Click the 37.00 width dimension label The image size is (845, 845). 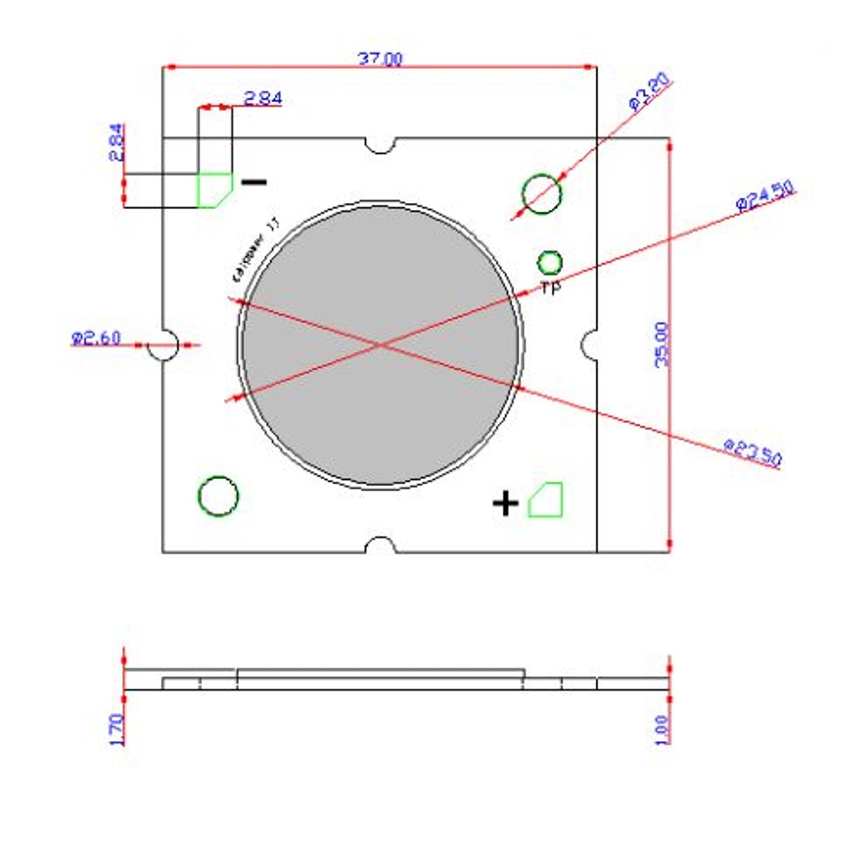click(380, 59)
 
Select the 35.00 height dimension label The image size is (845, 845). click(661, 344)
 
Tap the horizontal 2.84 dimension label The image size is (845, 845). click(263, 98)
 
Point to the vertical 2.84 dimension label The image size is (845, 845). click(117, 142)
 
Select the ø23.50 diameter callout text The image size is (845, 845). click(753, 452)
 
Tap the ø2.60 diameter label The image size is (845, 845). click(96, 338)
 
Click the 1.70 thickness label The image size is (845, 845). click(117, 729)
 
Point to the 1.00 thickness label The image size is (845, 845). click(661, 729)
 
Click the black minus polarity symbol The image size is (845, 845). click(254, 182)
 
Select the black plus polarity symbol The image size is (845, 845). click(505, 503)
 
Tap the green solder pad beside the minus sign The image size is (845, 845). click(214, 190)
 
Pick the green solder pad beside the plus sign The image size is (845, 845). click(546, 501)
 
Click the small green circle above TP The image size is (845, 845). click(549, 263)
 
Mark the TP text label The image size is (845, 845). click(550, 288)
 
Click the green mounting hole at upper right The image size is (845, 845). click(542, 194)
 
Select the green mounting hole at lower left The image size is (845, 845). click(218, 496)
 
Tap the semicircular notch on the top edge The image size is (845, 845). click(380, 144)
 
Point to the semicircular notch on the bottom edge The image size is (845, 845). click(380, 546)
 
